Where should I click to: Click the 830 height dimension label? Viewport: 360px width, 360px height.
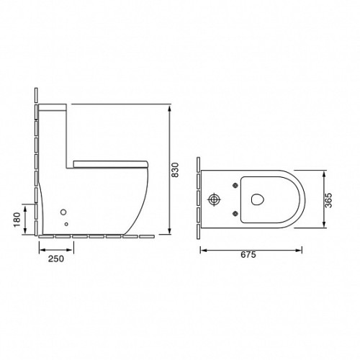pos(176,170)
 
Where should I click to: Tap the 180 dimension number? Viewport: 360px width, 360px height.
pos(17,220)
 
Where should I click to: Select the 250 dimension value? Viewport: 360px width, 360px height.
pos(56,258)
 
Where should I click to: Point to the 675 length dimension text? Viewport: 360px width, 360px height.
pos(248,254)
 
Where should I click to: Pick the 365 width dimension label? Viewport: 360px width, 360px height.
pos(328,200)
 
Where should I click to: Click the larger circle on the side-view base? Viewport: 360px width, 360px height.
pos(63,212)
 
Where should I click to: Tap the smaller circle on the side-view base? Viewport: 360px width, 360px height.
pos(66,224)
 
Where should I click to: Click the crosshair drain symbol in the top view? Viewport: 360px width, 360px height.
pos(214,199)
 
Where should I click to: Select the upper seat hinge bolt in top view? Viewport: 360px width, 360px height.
pos(235,185)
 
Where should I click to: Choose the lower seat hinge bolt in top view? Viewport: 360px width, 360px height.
pos(235,213)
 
